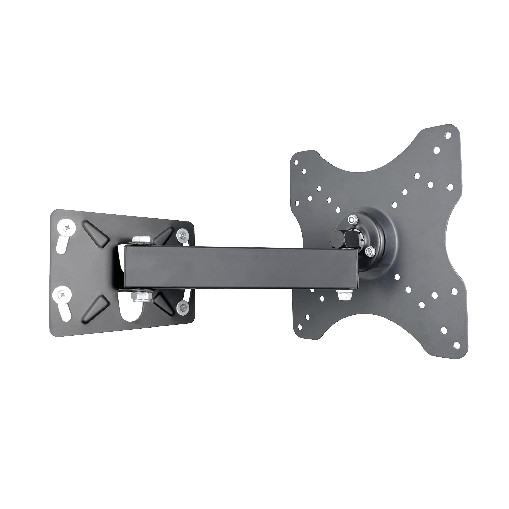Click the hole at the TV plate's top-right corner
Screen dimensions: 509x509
pyautogui.click(x=448, y=135)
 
